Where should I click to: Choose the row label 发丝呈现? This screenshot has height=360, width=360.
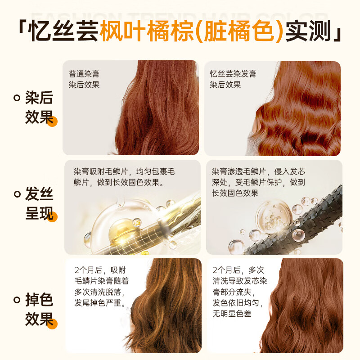click(39, 204)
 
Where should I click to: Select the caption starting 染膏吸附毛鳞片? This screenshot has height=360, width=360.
click(124, 177)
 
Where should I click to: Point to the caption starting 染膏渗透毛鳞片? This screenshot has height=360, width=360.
click(258, 182)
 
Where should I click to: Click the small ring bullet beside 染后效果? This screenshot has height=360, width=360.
click(17, 98)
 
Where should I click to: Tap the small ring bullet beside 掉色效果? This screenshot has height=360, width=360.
click(17, 299)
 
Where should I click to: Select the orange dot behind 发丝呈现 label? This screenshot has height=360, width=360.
click(52, 216)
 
